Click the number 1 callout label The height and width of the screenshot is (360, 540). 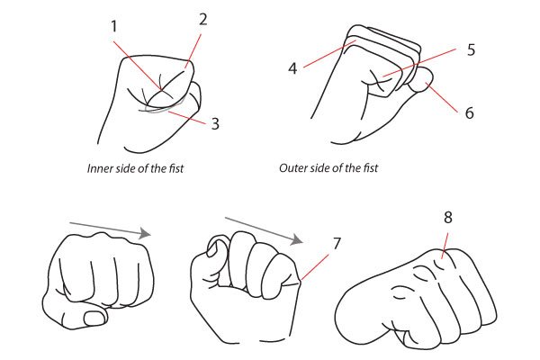tap(114, 26)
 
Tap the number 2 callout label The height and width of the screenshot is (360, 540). tap(203, 20)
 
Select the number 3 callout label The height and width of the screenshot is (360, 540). tap(215, 123)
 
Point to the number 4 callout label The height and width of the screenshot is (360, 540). tap(292, 68)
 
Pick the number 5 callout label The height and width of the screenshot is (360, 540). tap(471, 49)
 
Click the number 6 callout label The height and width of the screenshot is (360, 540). tap(470, 112)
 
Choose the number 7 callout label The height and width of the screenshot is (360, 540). tap(337, 244)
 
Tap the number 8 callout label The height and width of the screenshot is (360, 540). tap(447, 218)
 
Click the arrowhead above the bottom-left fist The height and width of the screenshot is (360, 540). tap(145, 233)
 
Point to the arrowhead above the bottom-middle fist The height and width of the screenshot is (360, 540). tap(296, 239)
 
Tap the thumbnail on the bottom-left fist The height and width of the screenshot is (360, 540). tap(94, 318)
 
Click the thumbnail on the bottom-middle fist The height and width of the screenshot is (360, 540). tap(213, 248)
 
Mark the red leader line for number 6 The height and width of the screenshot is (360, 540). tap(442, 97)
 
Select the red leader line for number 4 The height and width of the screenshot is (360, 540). tap(329, 54)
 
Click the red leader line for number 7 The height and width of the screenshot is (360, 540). tap(315, 266)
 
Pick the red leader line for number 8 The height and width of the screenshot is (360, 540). tap(445, 246)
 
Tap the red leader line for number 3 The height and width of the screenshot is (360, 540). tap(187, 117)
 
